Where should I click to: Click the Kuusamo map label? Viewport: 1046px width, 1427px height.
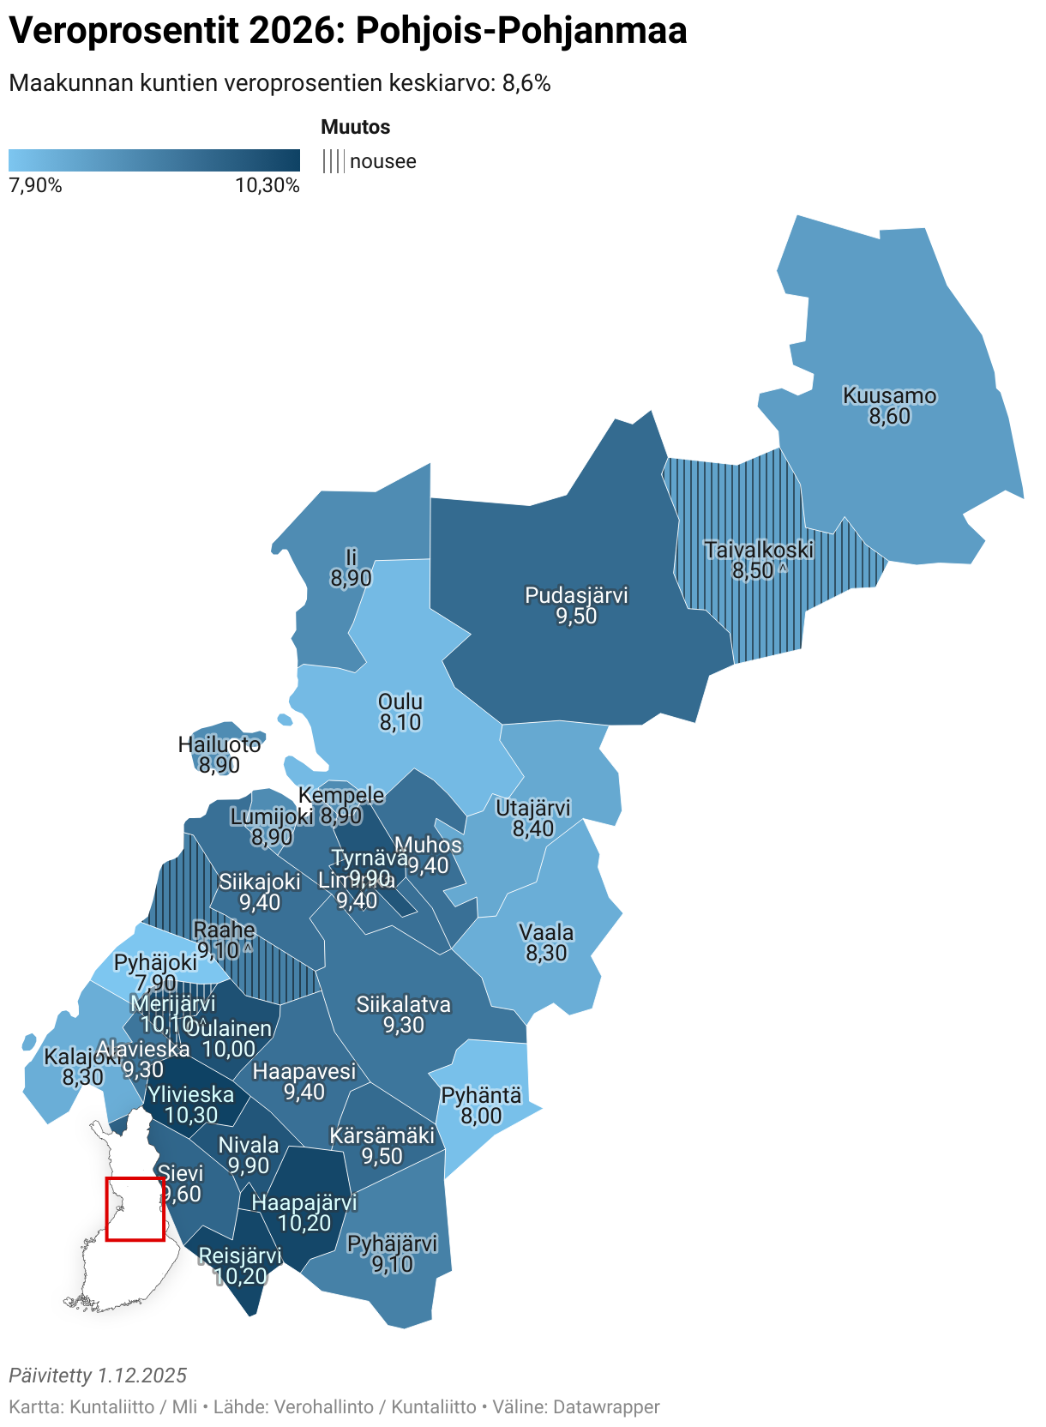coord(889,396)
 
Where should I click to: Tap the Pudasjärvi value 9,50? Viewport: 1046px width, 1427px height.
coord(576,617)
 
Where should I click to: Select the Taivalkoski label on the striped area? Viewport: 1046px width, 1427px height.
coord(758,550)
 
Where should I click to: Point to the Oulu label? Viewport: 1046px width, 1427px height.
coord(400,702)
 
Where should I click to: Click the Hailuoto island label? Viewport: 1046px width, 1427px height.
coord(219,744)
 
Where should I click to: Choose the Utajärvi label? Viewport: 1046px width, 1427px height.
coord(533,808)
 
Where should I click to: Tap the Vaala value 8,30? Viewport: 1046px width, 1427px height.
coord(546,954)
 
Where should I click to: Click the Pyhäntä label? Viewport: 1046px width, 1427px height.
coord(481,1095)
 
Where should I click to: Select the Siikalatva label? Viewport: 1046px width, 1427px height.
coord(403,1004)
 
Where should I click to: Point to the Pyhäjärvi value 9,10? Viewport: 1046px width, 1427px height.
coord(392,1265)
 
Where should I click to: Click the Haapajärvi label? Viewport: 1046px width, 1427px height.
coord(304,1202)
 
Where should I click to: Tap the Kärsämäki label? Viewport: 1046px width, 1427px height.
coord(382,1135)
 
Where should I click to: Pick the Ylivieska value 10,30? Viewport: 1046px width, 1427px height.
coord(191,1116)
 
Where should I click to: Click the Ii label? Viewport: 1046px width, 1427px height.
coord(351,558)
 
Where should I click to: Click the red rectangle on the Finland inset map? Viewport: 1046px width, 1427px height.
coord(135,1208)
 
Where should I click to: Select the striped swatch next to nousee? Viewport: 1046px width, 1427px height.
coord(334,161)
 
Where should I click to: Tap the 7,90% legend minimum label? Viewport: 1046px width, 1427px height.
coord(35,185)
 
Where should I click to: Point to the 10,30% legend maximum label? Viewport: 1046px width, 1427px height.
coord(268,185)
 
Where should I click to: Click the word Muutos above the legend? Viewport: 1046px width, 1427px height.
coord(355,127)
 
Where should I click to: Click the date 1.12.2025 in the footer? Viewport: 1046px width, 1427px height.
coord(141,1376)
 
